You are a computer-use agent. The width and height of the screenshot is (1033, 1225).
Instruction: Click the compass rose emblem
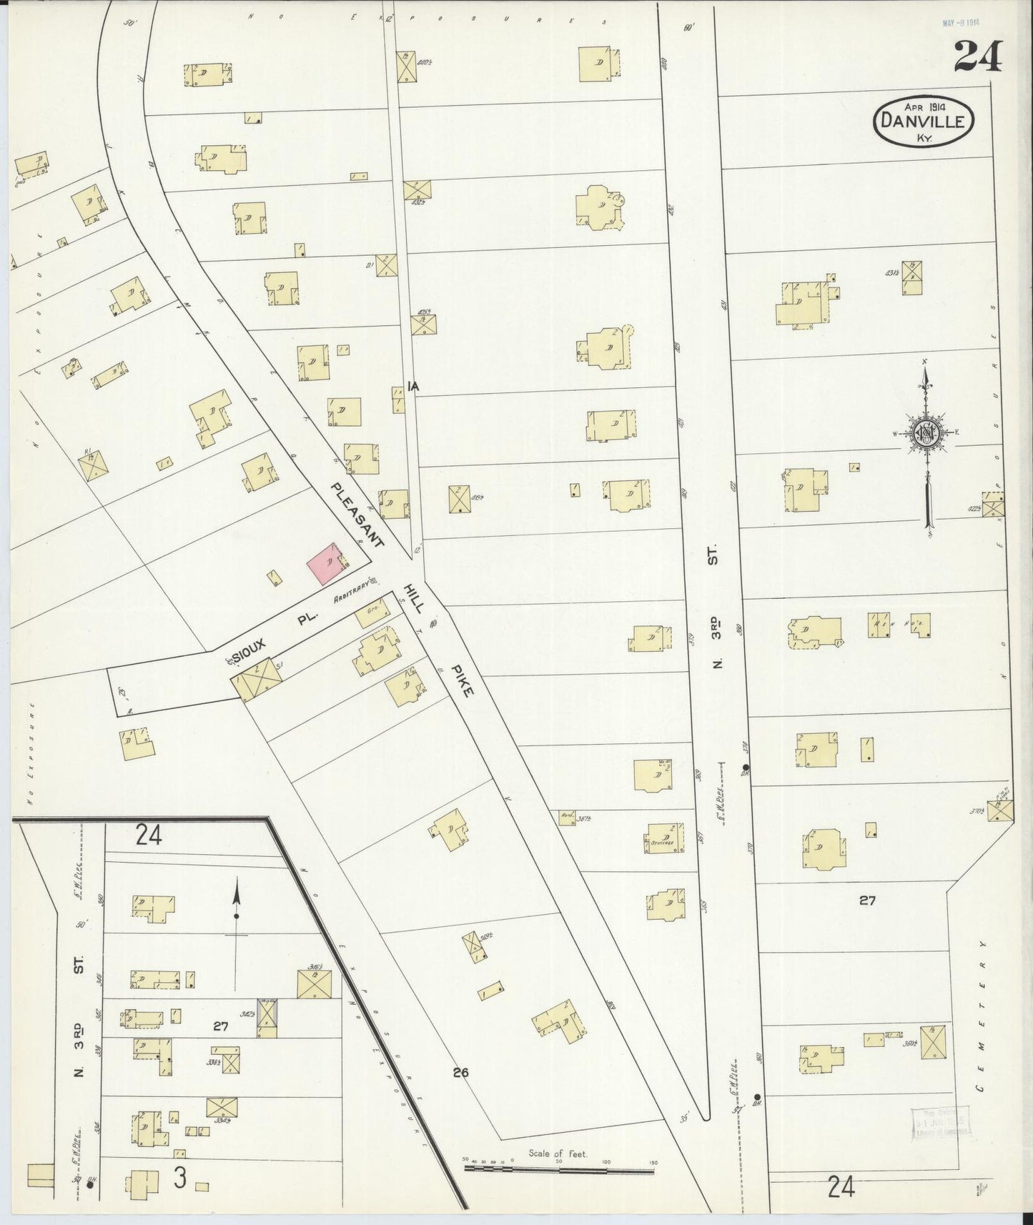[926, 433]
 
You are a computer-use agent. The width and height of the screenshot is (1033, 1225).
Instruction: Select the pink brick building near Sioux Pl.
[325, 563]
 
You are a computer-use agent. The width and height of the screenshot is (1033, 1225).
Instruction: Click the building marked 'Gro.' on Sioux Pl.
[372, 612]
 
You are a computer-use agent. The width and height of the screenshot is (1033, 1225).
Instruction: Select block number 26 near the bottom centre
[460, 1072]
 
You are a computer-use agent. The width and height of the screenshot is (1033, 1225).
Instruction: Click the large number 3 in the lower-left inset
[179, 1179]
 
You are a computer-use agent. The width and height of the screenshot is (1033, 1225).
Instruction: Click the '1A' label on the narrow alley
[412, 387]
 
